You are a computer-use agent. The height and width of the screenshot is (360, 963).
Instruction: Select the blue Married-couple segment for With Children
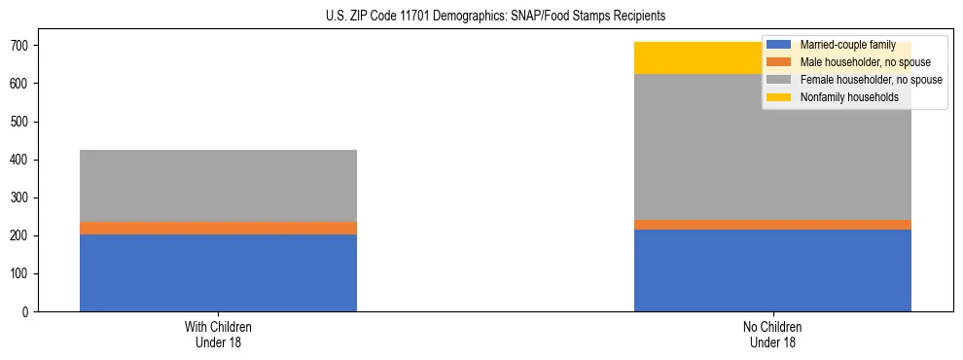pyautogui.click(x=218, y=272)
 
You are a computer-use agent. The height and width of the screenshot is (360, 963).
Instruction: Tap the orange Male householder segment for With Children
pyautogui.click(x=218, y=228)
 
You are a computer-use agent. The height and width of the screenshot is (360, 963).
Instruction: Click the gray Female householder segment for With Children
pyautogui.click(x=218, y=185)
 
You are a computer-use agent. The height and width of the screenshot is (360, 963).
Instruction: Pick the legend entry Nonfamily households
pyautogui.click(x=842, y=97)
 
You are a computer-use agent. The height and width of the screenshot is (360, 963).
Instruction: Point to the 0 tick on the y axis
pyautogui.click(x=28, y=312)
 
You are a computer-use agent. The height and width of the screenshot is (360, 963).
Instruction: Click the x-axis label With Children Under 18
pyautogui.click(x=218, y=335)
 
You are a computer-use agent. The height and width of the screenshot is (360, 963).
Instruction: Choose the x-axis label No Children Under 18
pyautogui.click(x=772, y=335)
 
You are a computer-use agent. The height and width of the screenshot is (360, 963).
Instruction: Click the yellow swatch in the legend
pyautogui.click(x=778, y=97)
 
